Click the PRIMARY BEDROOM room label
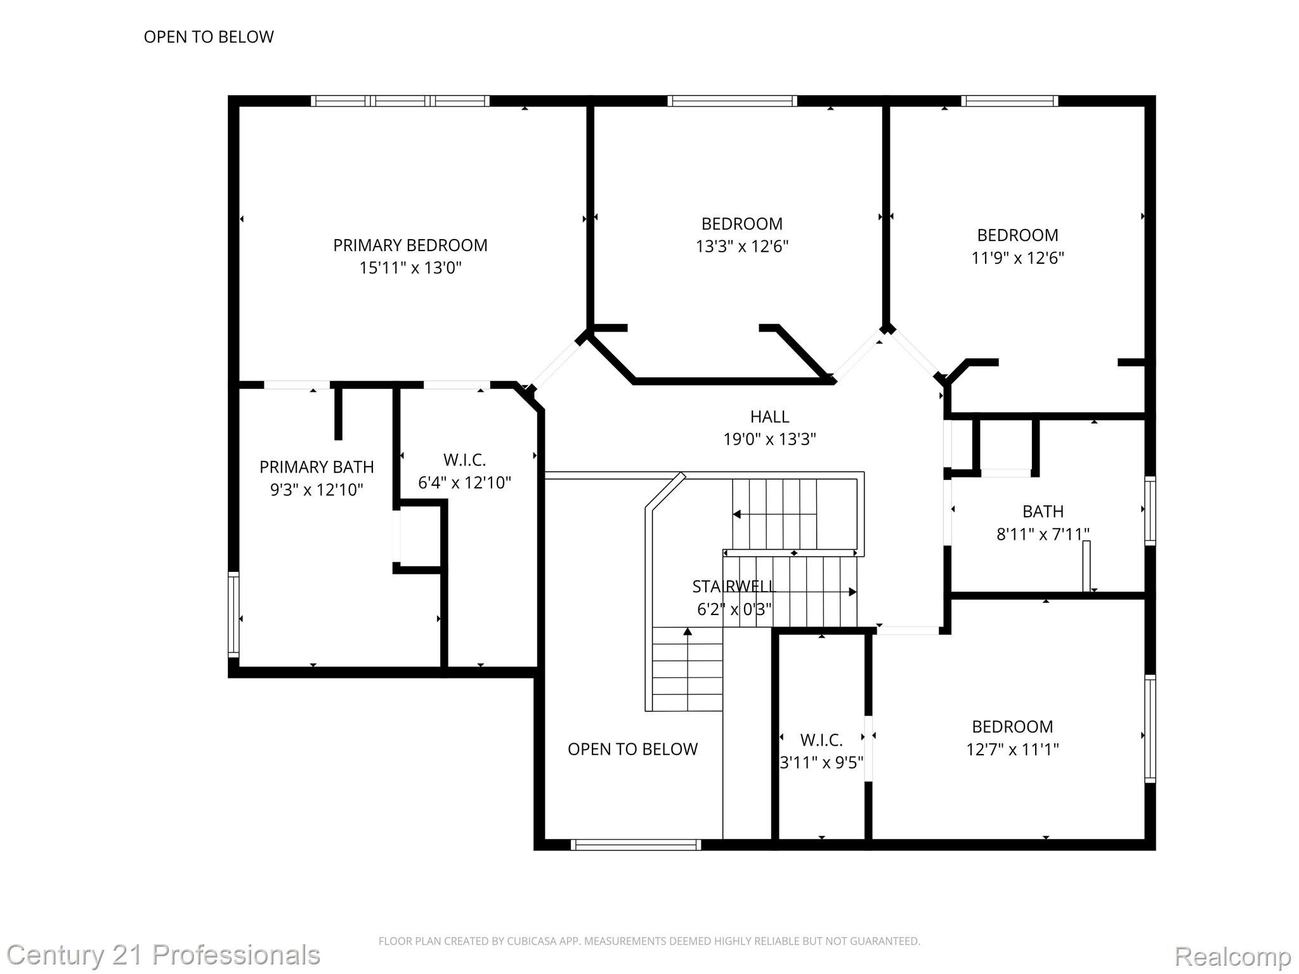tap(410, 245)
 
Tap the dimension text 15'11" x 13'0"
tap(410, 268)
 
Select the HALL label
tap(769, 417)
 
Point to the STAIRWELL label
tap(733, 587)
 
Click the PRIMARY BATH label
tap(317, 467)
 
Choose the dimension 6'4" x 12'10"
tap(464, 483)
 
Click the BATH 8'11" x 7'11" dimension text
tap(1043, 535)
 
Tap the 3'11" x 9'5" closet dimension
tap(821, 762)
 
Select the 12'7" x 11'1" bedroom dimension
tap(1012, 750)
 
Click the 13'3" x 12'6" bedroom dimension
tap(741, 247)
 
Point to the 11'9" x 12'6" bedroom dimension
tap(1017, 258)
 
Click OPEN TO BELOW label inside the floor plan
tap(632, 750)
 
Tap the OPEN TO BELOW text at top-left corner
tap(209, 37)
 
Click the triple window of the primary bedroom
tap(400, 101)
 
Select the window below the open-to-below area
tap(636, 845)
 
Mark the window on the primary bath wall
tap(233, 614)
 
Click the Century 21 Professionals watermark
tap(164, 955)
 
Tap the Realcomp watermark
tap(1232, 956)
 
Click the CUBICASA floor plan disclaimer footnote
tap(649, 941)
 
